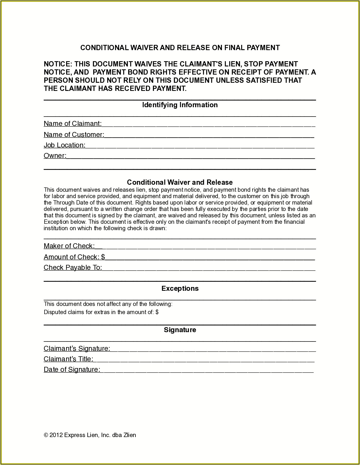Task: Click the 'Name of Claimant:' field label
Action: point(73,124)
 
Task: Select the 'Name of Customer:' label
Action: point(74,135)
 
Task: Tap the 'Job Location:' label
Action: point(64,145)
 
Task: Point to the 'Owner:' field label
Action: point(55,156)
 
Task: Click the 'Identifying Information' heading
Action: point(180,105)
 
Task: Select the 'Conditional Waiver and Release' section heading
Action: point(180,182)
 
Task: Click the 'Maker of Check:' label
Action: point(69,246)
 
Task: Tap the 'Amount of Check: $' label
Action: point(74,257)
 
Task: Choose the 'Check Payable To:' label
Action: point(73,267)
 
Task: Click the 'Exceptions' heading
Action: point(180,288)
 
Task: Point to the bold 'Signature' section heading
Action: point(180,330)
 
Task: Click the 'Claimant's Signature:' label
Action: point(77,348)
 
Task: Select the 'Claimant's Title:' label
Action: point(68,359)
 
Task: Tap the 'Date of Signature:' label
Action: point(72,369)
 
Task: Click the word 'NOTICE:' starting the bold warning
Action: point(58,64)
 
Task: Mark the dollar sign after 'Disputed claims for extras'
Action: point(157,312)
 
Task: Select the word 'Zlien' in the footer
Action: point(130,435)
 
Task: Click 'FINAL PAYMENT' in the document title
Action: point(252,48)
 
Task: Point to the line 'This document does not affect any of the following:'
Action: point(108,304)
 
